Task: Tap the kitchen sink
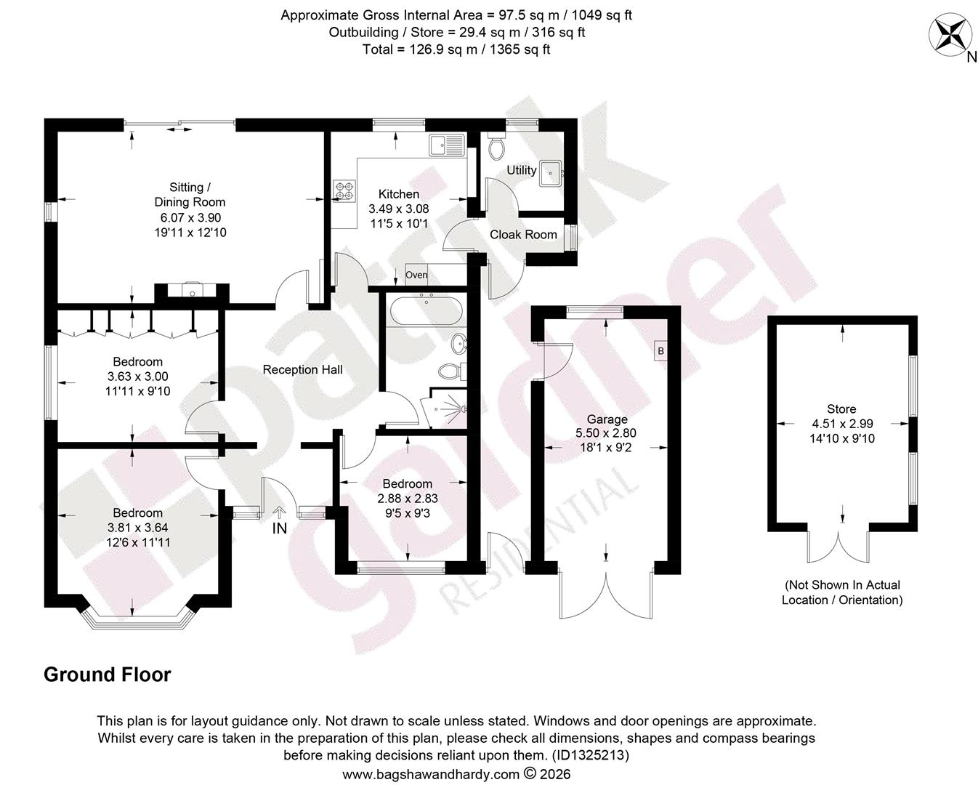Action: pos(447,145)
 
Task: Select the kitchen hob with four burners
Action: pos(344,190)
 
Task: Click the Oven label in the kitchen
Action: pos(416,275)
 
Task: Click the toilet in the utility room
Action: pos(496,146)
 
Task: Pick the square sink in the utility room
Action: pos(551,173)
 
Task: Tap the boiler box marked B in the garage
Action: pos(660,351)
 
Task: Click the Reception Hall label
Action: pos(303,370)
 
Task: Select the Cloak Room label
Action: pos(523,235)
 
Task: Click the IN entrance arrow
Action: pos(279,512)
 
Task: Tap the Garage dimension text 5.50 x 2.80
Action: pos(606,432)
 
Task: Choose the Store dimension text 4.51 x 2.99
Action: pos(842,424)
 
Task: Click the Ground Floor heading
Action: pos(108,675)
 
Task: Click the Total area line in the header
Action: pos(456,49)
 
